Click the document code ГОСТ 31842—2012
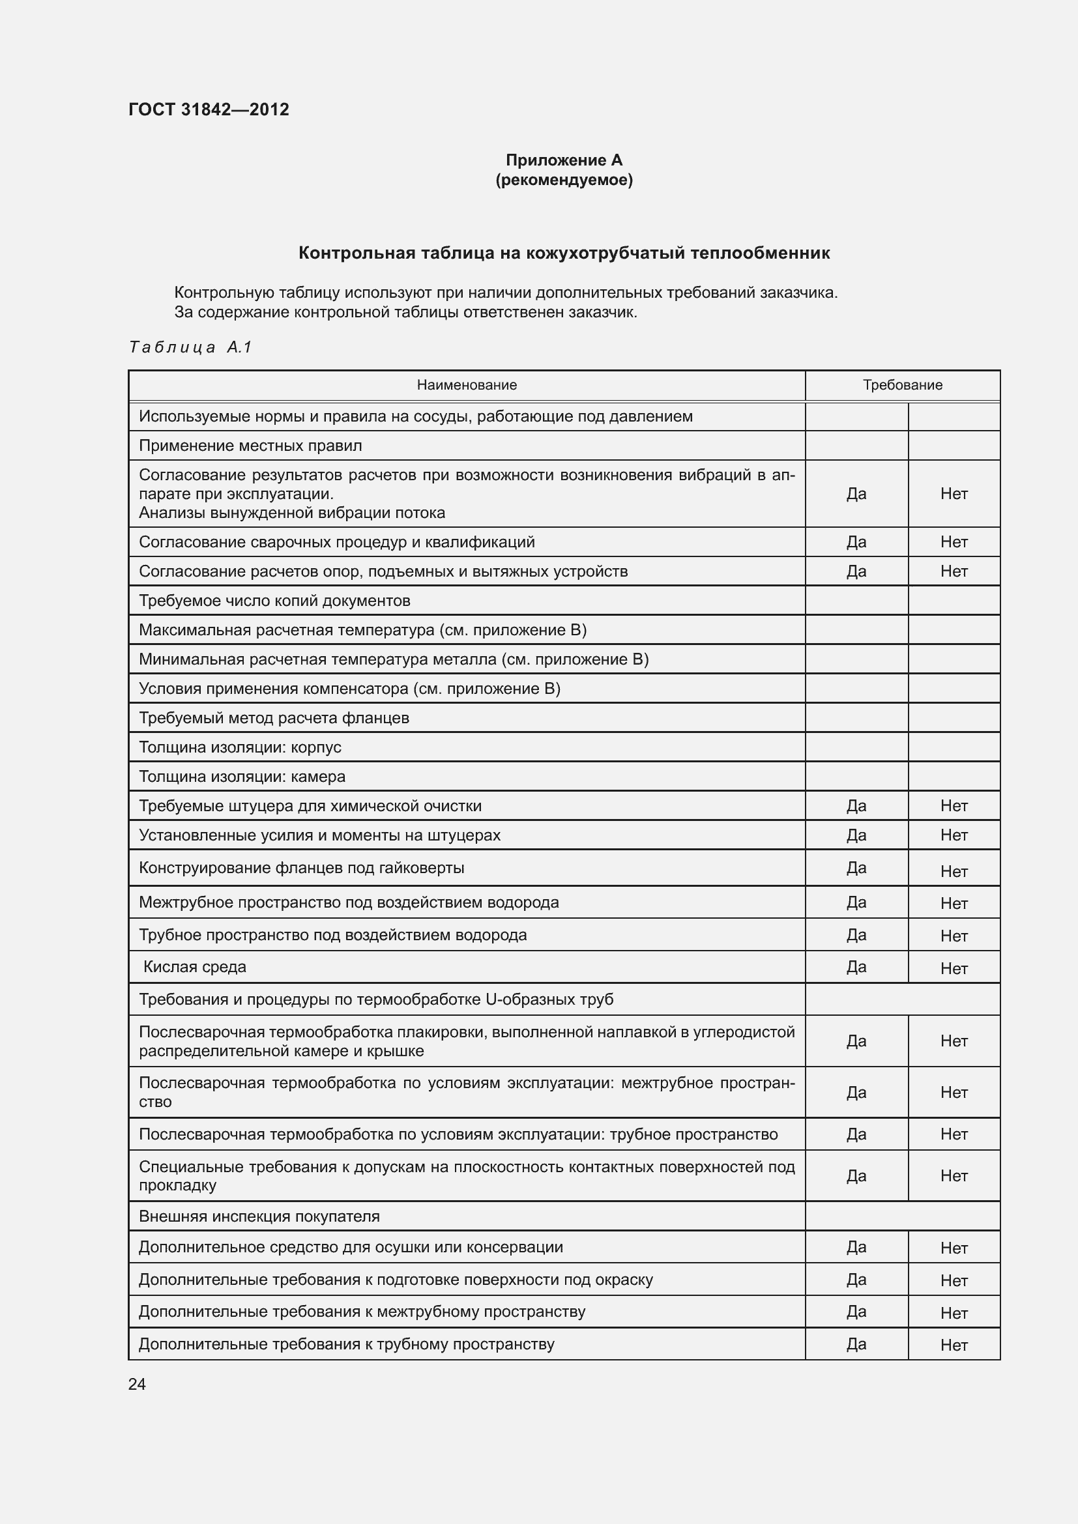coord(209,109)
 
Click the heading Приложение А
coord(564,160)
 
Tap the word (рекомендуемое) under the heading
coord(564,180)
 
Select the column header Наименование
coord(467,385)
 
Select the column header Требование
coord(902,385)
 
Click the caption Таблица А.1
coord(190,347)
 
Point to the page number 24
coord(137,1384)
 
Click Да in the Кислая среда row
coord(856,967)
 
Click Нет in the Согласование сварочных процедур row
coord(954,542)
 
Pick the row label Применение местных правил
coord(250,446)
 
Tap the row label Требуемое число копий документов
coord(274,601)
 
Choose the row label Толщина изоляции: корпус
coord(240,747)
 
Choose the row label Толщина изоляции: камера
coord(242,777)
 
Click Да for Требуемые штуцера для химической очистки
coord(856,806)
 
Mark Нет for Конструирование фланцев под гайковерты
coord(954,872)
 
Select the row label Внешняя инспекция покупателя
coord(259,1216)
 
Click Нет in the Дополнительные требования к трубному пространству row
coord(954,1345)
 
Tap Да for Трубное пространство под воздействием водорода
coord(856,935)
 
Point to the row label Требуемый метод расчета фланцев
coord(274,718)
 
